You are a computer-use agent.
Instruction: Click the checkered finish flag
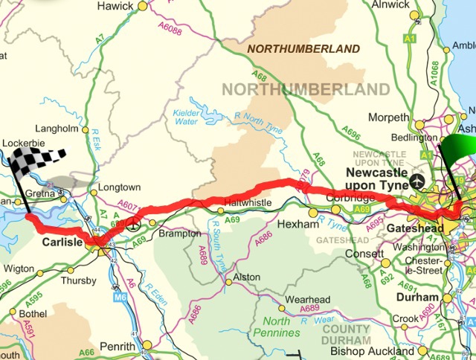pos(37,158)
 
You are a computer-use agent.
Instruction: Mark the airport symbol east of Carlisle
pos(132,222)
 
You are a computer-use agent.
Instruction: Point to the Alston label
pos(246,277)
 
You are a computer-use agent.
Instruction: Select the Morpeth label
pos(390,118)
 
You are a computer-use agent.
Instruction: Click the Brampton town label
pos(180,233)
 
